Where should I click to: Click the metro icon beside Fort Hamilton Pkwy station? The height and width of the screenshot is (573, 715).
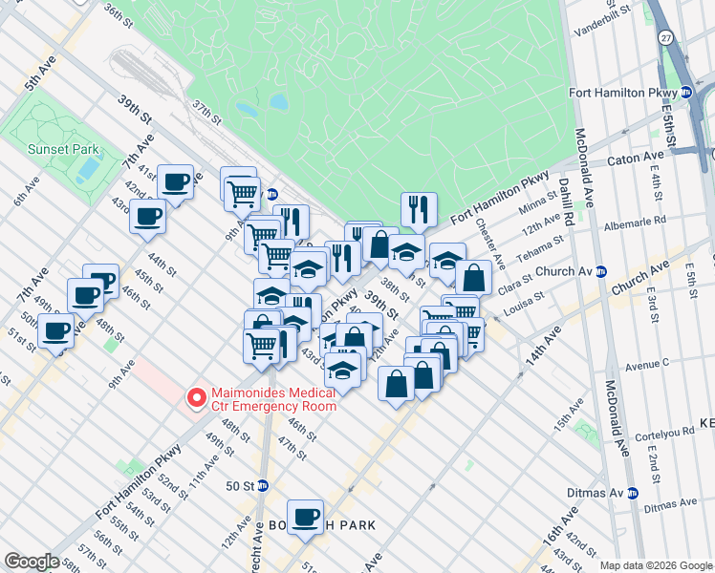pos(685,93)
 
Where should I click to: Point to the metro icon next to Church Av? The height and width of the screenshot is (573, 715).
pos(600,271)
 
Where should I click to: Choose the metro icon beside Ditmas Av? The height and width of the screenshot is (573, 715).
pos(631,493)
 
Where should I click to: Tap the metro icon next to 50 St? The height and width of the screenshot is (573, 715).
pos(263,485)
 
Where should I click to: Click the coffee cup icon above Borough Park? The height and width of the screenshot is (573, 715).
pos(307,516)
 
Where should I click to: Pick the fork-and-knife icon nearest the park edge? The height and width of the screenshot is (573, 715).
pos(418,209)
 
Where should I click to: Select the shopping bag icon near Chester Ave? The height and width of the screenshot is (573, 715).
pos(473,277)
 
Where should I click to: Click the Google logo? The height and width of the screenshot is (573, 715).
pos(32,562)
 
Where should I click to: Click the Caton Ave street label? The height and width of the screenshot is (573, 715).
pos(640,155)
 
